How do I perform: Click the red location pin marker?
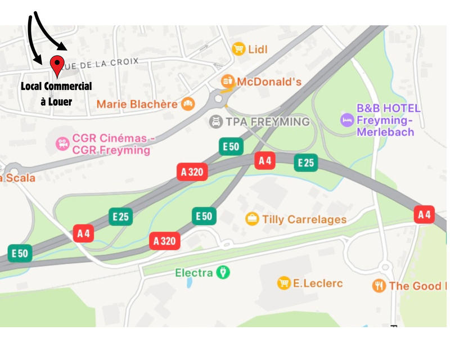pos(57,65)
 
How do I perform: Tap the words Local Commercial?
pos(56,87)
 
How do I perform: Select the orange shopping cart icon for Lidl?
pos(239,49)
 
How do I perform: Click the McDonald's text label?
pos(269,82)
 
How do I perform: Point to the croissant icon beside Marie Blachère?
pos(188,103)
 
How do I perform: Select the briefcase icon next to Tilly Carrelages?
pos(253,218)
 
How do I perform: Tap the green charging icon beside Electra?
pos(224,273)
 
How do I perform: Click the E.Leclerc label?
pos(318,283)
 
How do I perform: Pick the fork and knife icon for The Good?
pos(379,286)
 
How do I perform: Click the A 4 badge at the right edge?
pos(424,214)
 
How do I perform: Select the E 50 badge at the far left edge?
pos(20,253)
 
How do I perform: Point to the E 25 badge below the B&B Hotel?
pos(306,163)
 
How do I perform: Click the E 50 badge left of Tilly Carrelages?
pos(204,216)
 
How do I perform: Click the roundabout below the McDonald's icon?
pos(219,100)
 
